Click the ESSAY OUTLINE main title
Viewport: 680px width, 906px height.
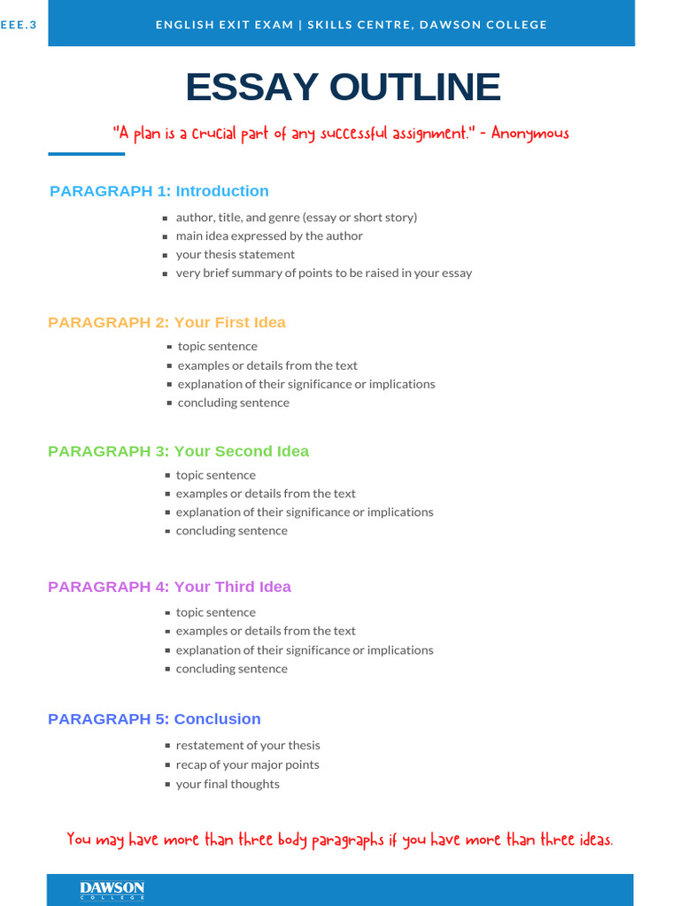(x=343, y=88)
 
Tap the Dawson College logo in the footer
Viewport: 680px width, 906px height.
(x=112, y=890)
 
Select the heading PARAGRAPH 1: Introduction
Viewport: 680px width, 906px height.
(x=158, y=191)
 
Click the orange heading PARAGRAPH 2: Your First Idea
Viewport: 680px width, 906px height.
(x=166, y=322)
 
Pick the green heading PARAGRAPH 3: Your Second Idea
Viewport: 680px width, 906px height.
(x=178, y=451)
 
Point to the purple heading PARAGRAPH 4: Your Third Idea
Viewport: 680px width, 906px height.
(x=169, y=587)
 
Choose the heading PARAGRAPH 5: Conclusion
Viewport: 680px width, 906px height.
(x=154, y=719)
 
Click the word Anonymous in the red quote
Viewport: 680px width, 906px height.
(x=529, y=134)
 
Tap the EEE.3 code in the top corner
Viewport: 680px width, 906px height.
(x=19, y=25)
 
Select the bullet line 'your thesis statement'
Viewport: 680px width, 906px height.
(x=235, y=255)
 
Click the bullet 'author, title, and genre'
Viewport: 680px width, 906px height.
(x=296, y=218)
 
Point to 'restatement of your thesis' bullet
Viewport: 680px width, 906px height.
(x=247, y=746)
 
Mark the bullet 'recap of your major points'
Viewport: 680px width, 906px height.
(x=247, y=765)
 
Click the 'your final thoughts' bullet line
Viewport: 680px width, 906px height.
(x=227, y=785)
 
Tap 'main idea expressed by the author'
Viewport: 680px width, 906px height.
(x=269, y=236)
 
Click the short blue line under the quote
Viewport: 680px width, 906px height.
(x=86, y=154)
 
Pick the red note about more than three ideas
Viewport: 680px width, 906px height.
(x=340, y=840)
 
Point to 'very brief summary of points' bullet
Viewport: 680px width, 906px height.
(x=323, y=273)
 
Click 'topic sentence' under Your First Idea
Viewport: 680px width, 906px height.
(x=217, y=347)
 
